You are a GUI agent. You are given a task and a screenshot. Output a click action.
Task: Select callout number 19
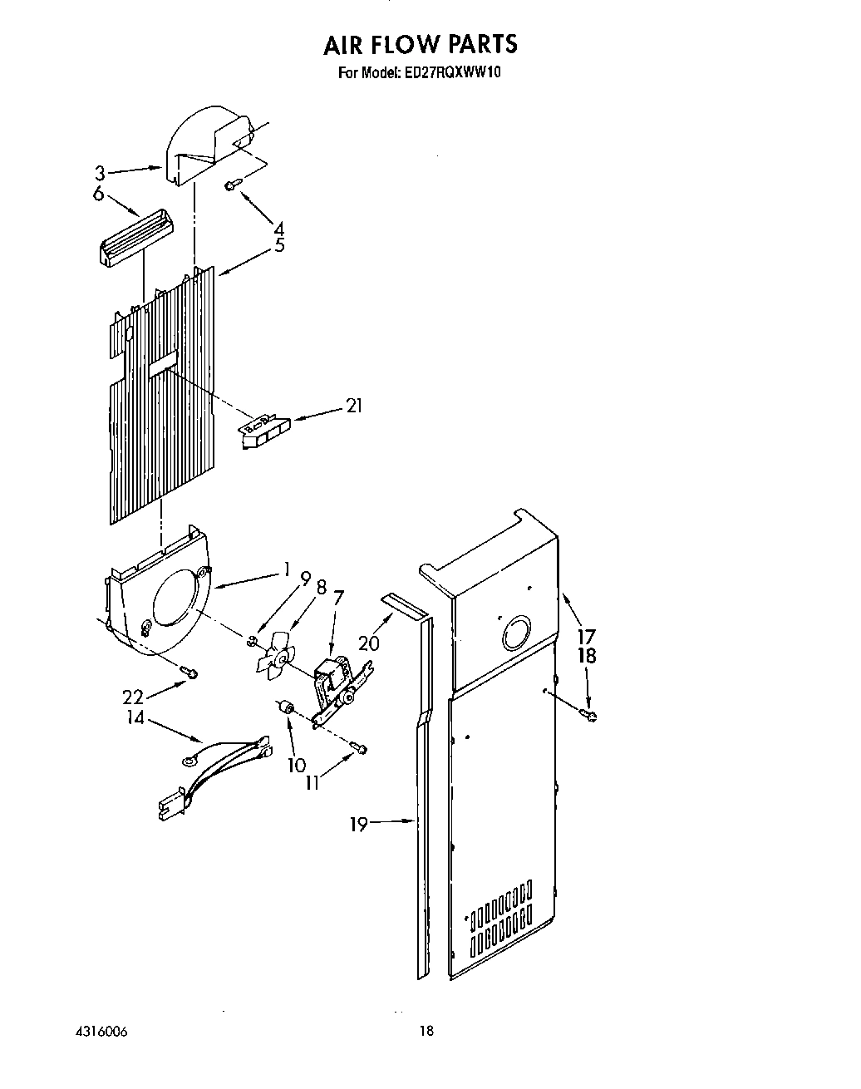click(x=358, y=824)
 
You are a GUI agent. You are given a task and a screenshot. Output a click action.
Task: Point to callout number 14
click(x=135, y=717)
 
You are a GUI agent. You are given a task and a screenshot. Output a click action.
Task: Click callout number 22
click(x=133, y=697)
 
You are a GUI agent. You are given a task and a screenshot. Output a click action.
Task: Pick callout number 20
click(x=368, y=643)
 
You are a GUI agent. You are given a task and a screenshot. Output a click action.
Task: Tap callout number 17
click(x=588, y=636)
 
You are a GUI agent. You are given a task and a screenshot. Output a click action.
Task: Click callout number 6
click(x=99, y=194)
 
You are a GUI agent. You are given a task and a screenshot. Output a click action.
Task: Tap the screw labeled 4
click(x=232, y=186)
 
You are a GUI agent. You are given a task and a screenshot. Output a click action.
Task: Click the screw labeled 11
click(x=359, y=749)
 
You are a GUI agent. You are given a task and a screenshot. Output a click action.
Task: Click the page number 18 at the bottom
click(x=426, y=1032)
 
